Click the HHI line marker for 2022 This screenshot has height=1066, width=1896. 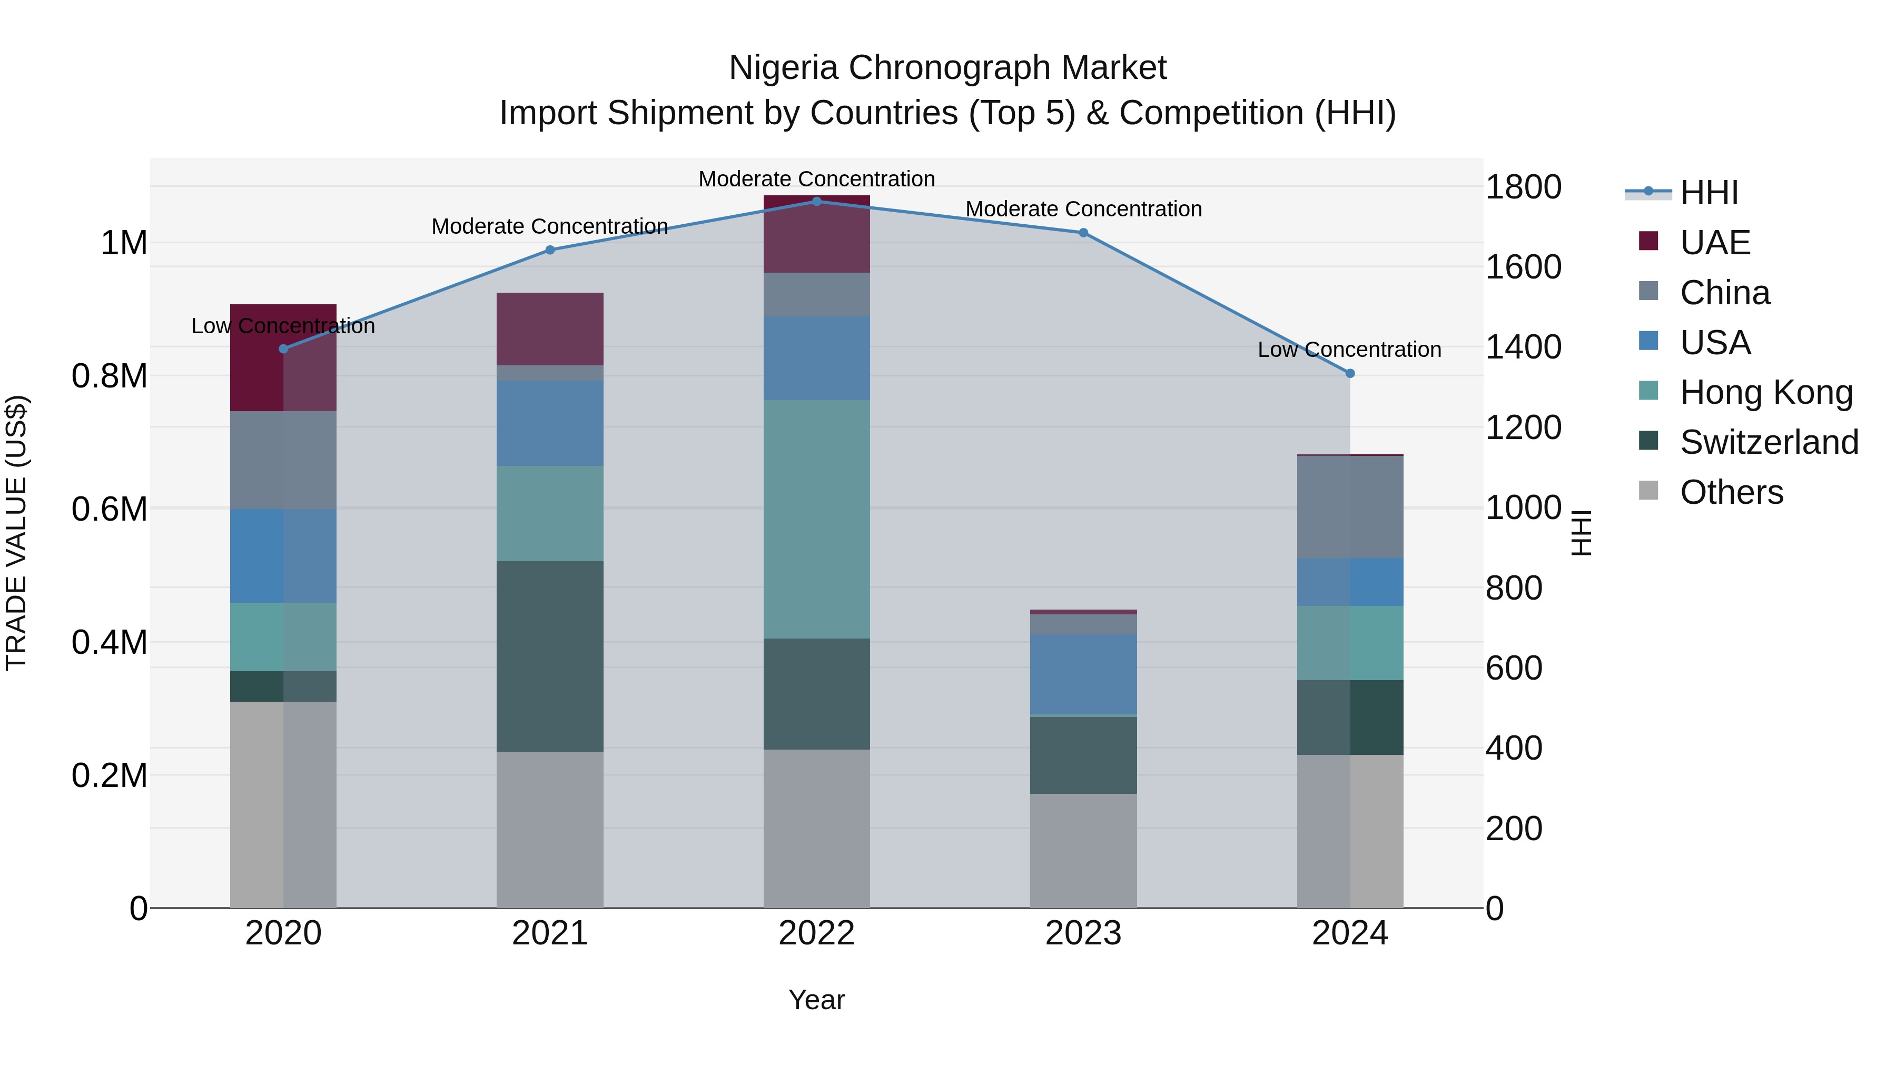[x=816, y=201]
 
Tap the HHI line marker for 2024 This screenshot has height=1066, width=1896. [x=1350, y=374]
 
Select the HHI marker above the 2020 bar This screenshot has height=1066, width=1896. [x=283, y=348]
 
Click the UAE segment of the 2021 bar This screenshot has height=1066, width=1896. [x=550, y=329]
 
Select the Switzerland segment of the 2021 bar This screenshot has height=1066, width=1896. [x=550, y=656]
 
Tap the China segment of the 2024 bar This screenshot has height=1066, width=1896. [x=1350, y=507]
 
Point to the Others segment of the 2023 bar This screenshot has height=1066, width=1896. [x=1083, y=851]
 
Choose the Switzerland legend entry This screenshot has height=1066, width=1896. [x=1769, y=442]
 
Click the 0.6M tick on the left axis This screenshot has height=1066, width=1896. [x=110, y=509]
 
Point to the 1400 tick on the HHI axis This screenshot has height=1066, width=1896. [x=1523, y=347]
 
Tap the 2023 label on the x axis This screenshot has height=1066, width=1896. [x=1083, y=933]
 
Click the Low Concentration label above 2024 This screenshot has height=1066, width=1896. [x=1349, y=350]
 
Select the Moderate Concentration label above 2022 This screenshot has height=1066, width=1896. [x=816, y=179]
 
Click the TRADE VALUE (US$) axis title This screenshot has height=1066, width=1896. [x=17, y=533]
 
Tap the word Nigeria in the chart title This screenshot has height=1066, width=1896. [x=783, y=68]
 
